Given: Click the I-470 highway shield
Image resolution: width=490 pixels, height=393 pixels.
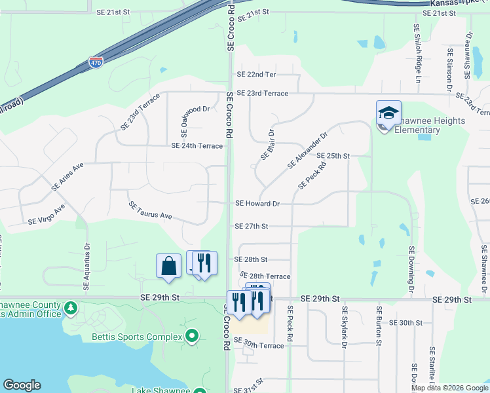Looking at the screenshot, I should pyautogui.click(x=96, y=63).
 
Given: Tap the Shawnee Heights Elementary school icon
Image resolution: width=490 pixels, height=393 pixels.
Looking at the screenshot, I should pyautogui.click(x=388, y=113).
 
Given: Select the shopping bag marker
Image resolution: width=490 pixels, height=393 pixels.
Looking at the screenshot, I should pyautogui.click(x=168, y=266).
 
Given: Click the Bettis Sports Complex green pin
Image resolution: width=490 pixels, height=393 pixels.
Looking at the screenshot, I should pyautogui.click(x=191, y=337).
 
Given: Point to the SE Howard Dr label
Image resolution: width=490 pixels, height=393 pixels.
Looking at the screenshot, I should pyautogui.click(x=257, y=204).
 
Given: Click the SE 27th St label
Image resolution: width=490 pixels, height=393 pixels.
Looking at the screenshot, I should pyautogui.click(x=252, y=227).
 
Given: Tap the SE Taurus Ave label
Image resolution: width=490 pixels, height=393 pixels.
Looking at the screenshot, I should pyautogui.click(x=150, y=210).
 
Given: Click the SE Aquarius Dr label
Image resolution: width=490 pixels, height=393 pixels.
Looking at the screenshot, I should pyautogui.click(x=86, y=268).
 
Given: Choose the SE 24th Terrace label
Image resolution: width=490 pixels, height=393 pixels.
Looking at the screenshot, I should pyautogui.click(x=197, y=146).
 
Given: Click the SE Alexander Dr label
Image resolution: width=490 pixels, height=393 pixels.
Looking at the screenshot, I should pyautogui.click(x=307, y=149).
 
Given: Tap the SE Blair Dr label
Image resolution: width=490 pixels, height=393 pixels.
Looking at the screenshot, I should pyautogui.click(x=267, y=143).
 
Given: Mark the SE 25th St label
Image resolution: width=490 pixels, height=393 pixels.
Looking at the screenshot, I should pyautogui.click(x=333, y=156).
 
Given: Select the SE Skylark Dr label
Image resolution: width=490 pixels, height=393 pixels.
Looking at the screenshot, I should pyautogui.click(x=343, y=326).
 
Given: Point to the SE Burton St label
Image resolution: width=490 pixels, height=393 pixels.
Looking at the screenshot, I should pyautogui.click(x=379, y=322).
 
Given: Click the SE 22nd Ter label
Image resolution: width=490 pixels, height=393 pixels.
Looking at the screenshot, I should pyautogui.click(x=257, y=75).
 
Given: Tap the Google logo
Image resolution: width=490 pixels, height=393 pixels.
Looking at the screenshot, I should pyautogui.click(x=22, y=385).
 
